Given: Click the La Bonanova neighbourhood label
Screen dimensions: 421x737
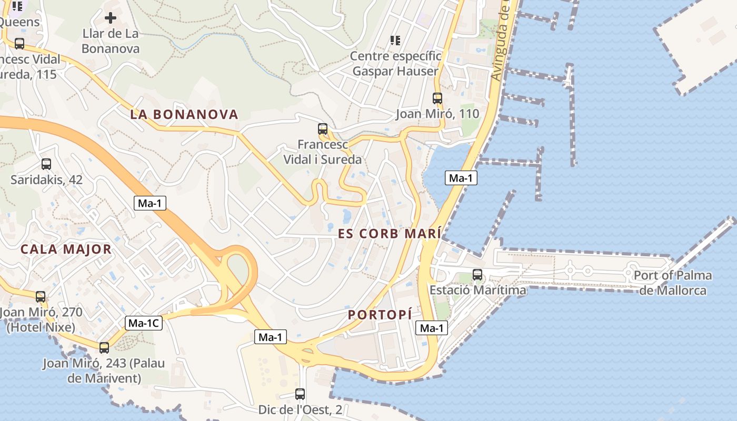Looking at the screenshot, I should pyautogui.click(x=184, y=114).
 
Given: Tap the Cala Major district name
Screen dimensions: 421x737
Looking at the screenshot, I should pyautogui.click(x=66, y=249).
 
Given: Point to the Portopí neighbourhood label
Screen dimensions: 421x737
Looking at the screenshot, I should pyautogui.click(x=380, y=315).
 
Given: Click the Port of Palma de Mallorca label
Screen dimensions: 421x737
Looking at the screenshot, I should pyautogui.click(x=672, y=283).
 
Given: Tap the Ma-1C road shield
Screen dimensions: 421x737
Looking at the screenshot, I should pyautogui.click(x=144, y=323).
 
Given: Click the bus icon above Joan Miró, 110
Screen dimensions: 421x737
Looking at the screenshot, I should pyautogui.click(x=437, y=98).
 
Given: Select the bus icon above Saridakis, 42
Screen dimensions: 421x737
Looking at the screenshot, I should pyautogui.click(x=46, y=164).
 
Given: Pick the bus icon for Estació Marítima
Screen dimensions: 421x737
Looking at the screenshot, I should pyautogui.click(x=477, y=274).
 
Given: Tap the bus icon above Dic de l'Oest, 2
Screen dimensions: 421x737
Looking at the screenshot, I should pyautogui.click(x=300, y=394).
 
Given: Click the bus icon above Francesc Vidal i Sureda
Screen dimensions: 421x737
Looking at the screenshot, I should pyautogui.click(x=323, y=129).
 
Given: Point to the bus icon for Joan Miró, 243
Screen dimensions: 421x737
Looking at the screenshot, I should pyautogui.click(x=104, y=347).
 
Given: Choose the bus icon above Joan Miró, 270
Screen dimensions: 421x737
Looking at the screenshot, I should pyautogui.click(x=41, y=297).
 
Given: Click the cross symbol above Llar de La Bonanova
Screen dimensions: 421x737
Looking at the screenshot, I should pyautogui.click(x=111, y=18).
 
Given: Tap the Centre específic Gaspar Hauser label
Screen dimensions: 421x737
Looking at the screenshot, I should pyautogui.click(x=395, y=64).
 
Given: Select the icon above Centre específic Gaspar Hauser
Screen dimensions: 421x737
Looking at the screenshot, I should pyautogui.click(x=395, y=40).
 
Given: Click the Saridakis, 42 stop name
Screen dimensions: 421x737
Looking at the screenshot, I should pyautogui.click(x=46, y=179).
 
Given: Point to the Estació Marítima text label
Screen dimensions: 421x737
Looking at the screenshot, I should pyautogui.click(x=477, y=290).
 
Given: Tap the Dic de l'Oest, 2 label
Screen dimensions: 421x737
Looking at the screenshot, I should pyautogui.click(x=300, y=409).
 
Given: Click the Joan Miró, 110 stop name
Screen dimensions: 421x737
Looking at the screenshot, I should pyautogui.click(x=437, y=114).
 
